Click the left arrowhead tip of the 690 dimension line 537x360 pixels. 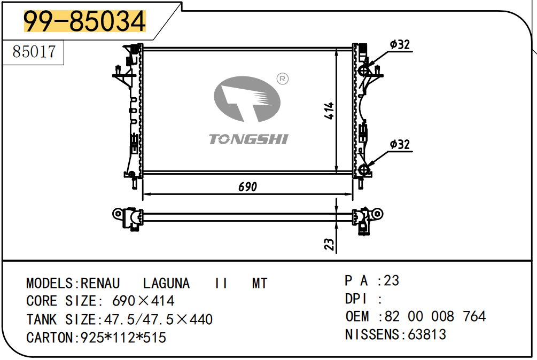point(143,194)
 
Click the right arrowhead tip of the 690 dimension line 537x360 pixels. point(353,194)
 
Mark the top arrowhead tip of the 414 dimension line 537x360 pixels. point(337,49)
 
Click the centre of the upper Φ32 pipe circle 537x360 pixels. point(363,71)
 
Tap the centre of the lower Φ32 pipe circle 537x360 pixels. point(363,169)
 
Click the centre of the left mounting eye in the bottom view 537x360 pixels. point(118,214)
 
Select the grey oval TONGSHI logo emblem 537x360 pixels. point(247,99)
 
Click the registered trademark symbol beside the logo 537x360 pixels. point(283,79)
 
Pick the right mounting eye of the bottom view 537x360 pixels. point(377,214)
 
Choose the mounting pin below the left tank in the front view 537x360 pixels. point(134,183)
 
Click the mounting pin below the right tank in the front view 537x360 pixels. point(361,183)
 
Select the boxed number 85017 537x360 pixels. point(34,52)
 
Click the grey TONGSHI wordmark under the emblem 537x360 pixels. point(248,139)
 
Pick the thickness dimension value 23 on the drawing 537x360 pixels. point(329,244)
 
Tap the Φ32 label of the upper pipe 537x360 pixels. point(400,44)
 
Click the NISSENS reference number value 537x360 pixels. point(427,334)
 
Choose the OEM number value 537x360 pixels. point(435,316)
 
